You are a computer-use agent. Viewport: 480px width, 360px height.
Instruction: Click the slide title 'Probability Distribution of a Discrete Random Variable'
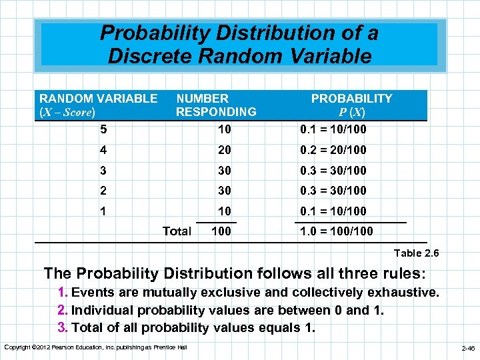[x=239, y=45]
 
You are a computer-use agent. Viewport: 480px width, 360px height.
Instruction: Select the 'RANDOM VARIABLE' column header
[x=99, y=99]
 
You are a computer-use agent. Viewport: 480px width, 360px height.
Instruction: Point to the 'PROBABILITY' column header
[x=352, y=99]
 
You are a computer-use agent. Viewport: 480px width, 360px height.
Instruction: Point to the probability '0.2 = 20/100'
[x=333, y=150]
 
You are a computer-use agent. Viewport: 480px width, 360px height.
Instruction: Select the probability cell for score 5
[x=333, y=127]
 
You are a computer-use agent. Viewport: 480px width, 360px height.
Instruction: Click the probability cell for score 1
[x=333, y=211]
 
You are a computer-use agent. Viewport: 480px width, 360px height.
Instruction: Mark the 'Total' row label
[x=177, y=231]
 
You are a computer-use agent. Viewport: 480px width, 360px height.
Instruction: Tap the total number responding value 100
[x=222, y=231]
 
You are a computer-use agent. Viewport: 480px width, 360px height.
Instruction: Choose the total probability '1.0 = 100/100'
[x=336, y=231]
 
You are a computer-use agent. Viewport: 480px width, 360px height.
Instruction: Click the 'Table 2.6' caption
[x=417, y=253]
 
